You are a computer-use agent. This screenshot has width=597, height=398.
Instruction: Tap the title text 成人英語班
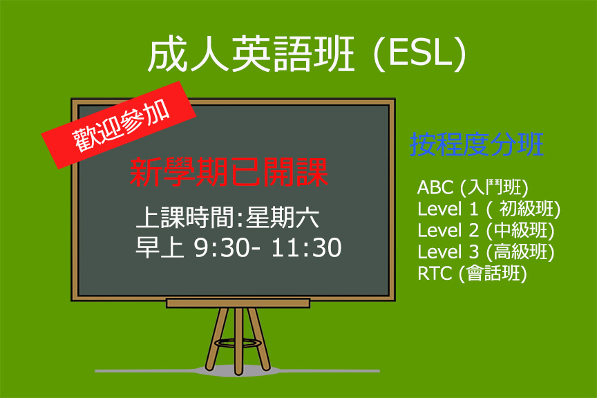252,53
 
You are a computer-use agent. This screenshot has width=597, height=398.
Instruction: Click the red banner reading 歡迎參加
119,125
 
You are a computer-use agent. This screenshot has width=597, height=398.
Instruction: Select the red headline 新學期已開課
229,172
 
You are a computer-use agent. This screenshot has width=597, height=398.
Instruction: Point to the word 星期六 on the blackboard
282,218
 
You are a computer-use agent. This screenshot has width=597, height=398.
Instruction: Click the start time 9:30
221,247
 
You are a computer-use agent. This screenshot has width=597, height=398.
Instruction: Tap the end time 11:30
307,247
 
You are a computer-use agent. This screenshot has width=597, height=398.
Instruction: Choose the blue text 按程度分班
477,144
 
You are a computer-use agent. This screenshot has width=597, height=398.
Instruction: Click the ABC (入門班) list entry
473,187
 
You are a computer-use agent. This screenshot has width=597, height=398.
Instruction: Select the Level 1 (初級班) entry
489,209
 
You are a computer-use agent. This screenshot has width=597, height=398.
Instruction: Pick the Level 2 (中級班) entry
486,230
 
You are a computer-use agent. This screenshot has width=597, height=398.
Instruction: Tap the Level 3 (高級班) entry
486,252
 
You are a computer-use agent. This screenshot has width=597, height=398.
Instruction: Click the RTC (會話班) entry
472,273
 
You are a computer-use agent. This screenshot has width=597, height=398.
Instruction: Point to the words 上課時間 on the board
186,218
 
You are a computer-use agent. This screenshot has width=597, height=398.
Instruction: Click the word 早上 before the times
160,247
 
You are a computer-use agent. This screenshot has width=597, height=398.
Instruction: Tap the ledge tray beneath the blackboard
238,303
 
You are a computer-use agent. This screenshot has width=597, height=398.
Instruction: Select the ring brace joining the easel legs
238,343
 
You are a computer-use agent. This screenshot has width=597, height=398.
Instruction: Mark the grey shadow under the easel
237,370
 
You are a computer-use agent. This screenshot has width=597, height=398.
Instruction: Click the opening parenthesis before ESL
379,53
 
